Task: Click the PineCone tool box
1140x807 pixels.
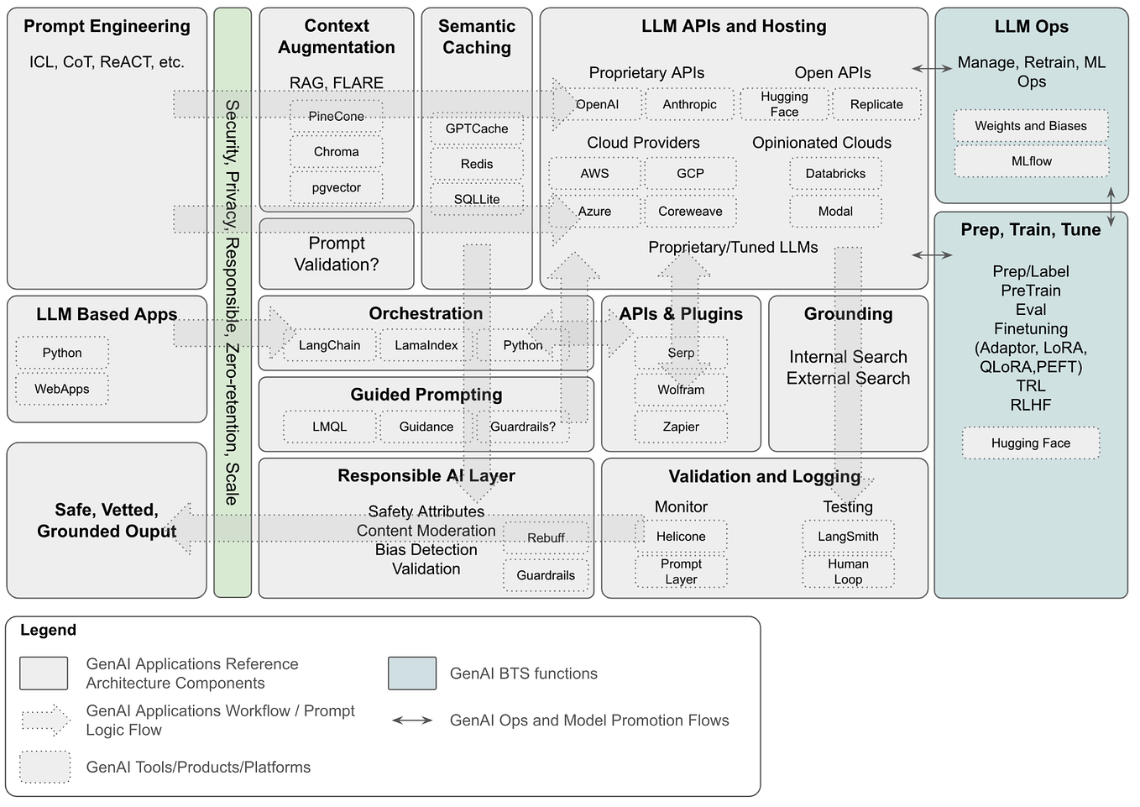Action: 336,117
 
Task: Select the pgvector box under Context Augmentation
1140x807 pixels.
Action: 336,188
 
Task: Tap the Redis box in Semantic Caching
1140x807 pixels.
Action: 476,165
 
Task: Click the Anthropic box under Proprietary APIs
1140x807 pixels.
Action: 689,105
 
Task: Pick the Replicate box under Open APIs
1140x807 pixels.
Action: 876,105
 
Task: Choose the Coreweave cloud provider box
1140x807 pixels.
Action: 690,212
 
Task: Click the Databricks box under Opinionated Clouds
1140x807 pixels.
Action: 835,174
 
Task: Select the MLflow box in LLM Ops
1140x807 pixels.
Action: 1031,161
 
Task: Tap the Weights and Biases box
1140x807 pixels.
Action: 1031,126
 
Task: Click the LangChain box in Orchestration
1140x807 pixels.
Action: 329,346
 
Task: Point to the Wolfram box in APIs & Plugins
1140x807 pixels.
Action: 681,390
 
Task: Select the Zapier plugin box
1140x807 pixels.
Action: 681,427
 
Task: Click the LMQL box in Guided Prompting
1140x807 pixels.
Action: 329,427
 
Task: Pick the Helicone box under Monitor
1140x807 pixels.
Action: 681,537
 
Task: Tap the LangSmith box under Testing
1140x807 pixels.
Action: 848,537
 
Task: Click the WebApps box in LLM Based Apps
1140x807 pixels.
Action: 62,390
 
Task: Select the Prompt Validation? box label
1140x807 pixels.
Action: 336,254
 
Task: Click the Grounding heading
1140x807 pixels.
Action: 848,314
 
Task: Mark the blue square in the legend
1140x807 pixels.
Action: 412,673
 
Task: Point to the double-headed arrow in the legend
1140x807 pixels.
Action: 412,721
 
